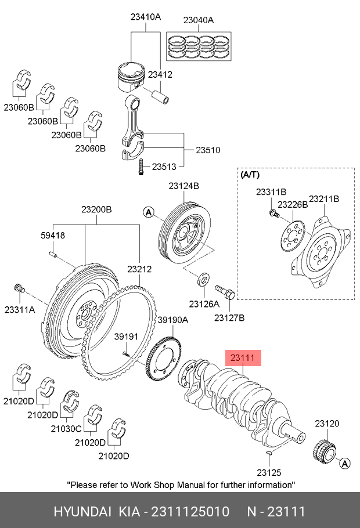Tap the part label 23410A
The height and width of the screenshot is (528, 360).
tap(145, 17)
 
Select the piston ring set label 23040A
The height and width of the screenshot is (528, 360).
tap(199, 20)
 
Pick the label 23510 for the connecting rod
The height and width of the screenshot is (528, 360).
tap(207, 150)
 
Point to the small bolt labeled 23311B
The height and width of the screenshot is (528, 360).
tap(272, 213)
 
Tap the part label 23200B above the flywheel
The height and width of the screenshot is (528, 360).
tap(96, 209)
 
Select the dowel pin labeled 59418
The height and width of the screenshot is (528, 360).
tap(52, 253)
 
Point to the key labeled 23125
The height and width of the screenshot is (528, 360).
tap(268, 453)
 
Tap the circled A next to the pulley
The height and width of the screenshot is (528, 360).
tap(149, 214)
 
